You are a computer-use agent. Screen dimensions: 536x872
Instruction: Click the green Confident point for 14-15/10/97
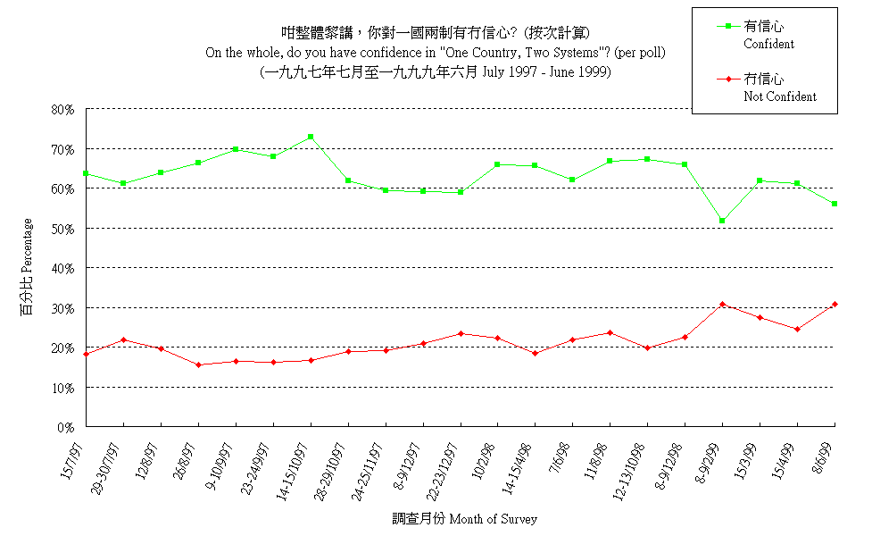click(x=311, y=137)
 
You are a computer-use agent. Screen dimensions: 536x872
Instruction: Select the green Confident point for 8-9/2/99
click(x=722, y=220)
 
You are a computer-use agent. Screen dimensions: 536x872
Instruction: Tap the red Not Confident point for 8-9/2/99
click(x=722, y=305)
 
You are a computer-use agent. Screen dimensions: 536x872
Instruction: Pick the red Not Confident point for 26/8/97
click(x=198, y=364)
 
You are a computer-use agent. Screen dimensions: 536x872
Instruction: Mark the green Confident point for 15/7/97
click(x=86, y=173)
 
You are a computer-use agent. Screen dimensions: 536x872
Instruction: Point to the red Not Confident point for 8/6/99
click(x=835, y=305)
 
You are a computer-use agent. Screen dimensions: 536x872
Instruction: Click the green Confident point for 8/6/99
click(x=835, y=204)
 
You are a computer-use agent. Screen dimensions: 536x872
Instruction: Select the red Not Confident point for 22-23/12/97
click(x=461, y=333)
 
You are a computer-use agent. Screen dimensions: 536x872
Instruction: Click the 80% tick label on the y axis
click(x=63, y=109)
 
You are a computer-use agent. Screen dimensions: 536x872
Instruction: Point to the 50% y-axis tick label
click(x=63, y=229)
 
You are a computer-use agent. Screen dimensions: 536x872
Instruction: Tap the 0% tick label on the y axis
click(x=67, y=427)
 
